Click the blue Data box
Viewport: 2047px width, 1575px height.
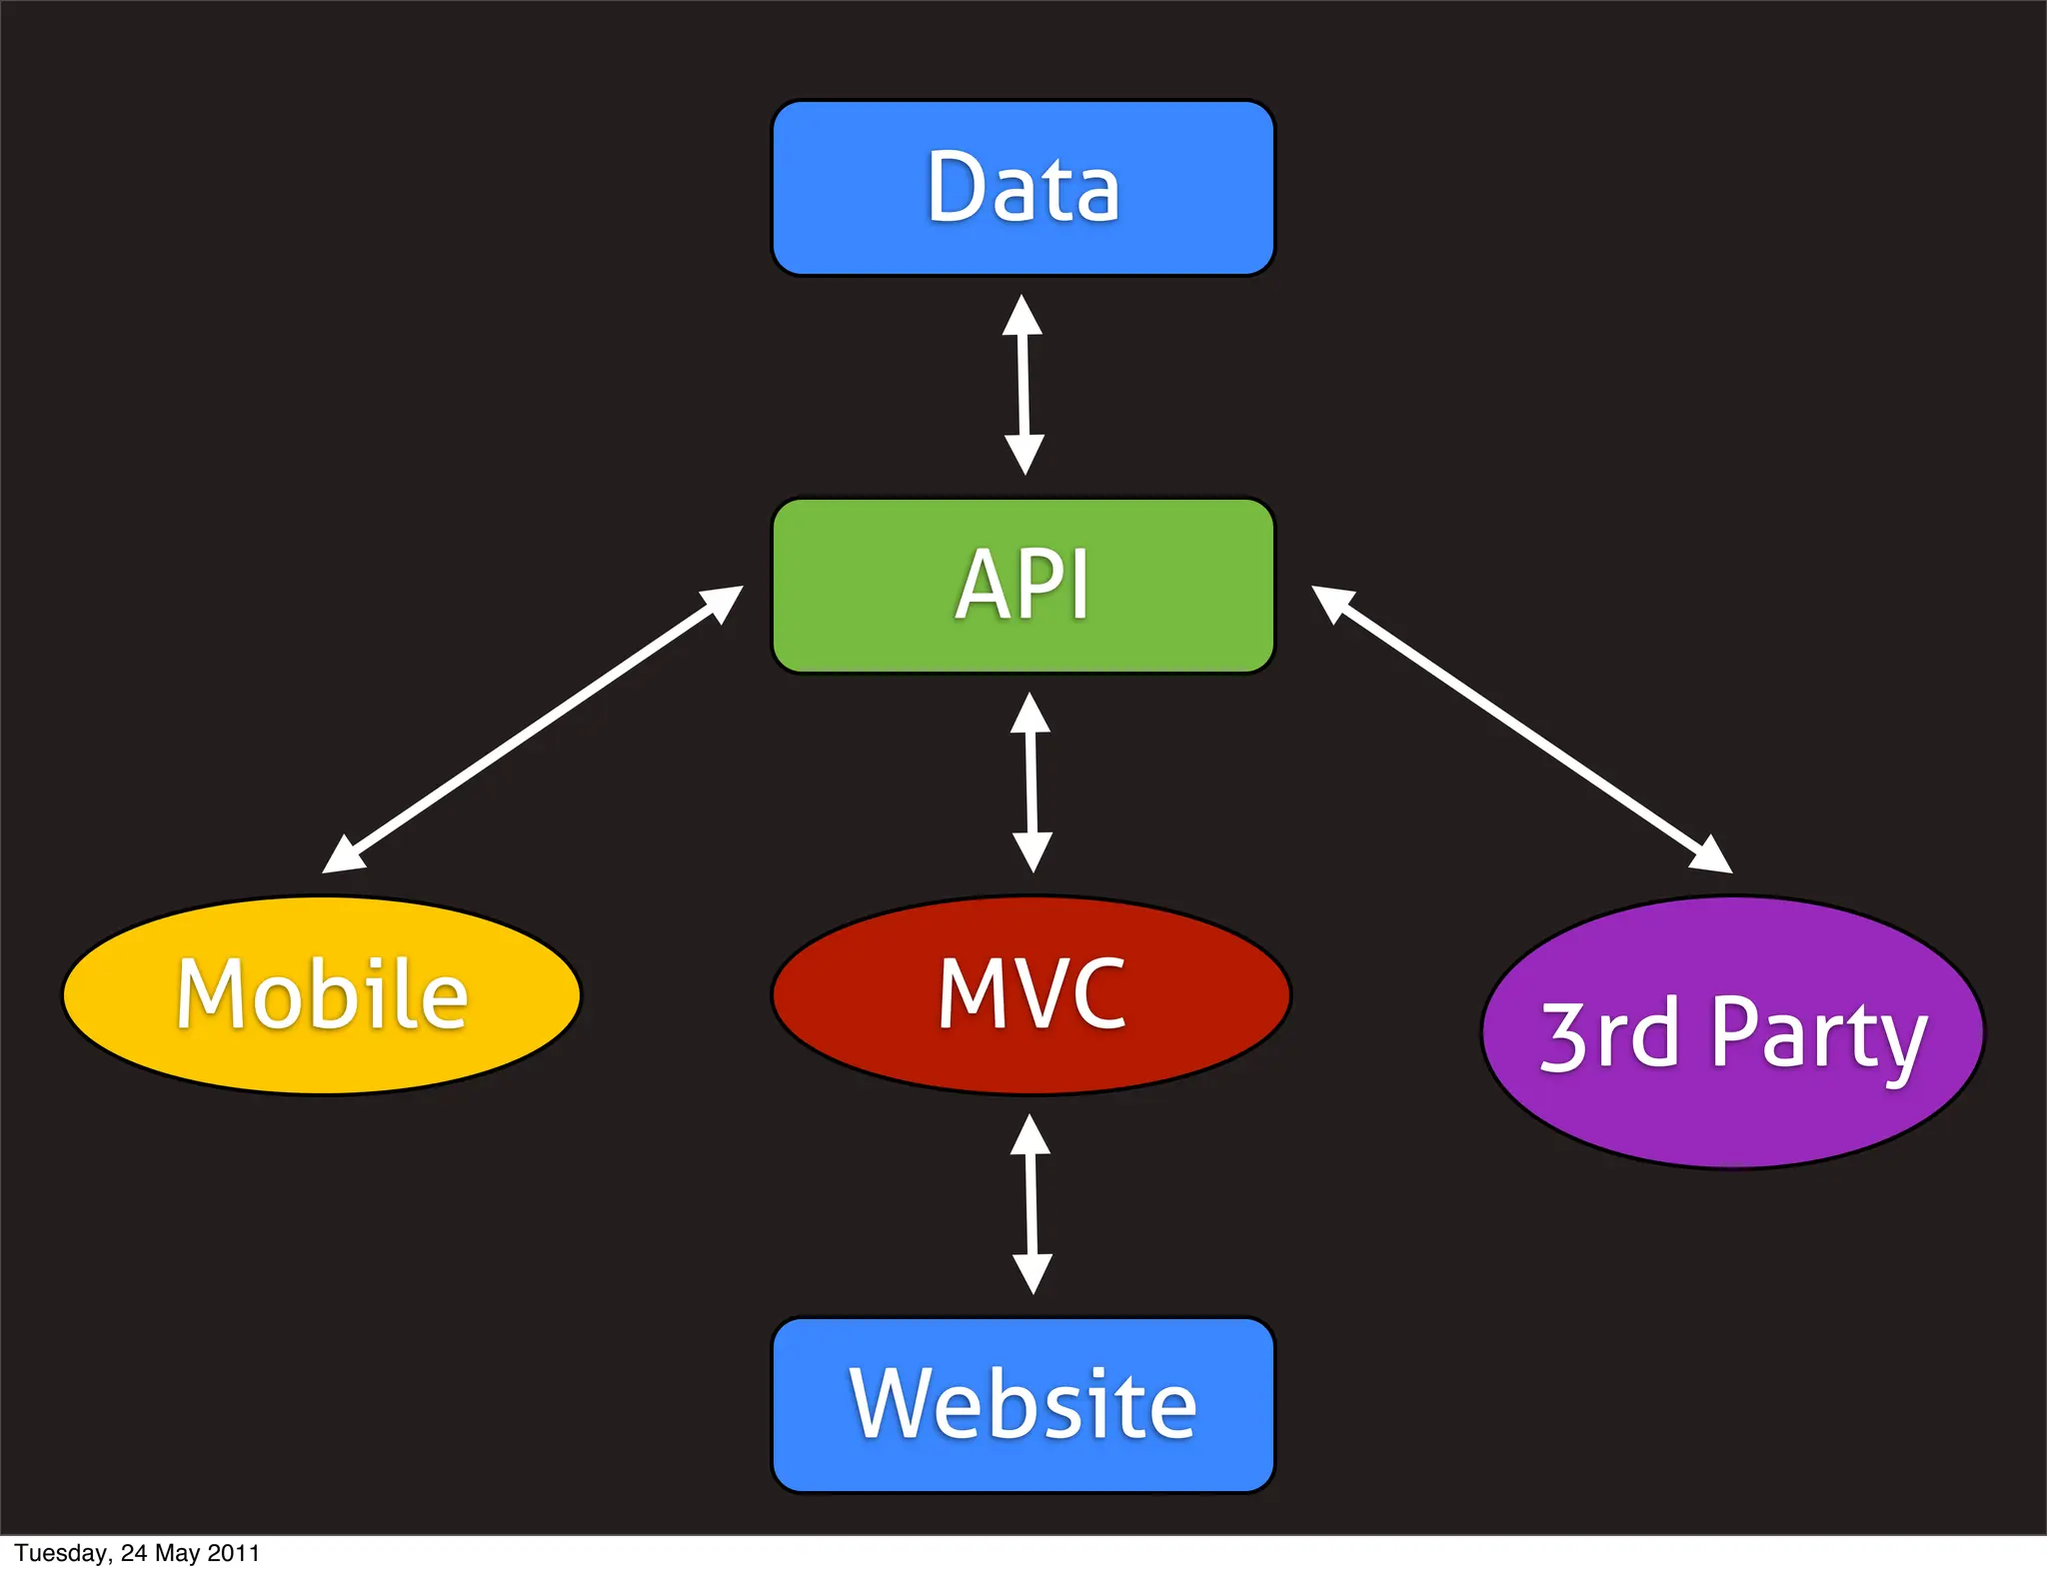point(1023,188)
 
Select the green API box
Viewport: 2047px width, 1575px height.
point(1023,586)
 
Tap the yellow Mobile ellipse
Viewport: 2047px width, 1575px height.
point(322,994)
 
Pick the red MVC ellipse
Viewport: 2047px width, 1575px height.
point(1030,994)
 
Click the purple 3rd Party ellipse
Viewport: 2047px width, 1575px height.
point(1732,1032)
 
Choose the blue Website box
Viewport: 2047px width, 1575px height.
point(1023,1404)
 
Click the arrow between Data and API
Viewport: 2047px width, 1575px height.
point(1023,385)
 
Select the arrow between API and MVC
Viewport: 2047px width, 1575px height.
point(1031,783)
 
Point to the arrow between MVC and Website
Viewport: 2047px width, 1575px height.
point(1031,1204)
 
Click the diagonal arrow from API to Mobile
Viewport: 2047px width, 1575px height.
point(533,730)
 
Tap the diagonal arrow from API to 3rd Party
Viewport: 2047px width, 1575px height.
point(1521,730)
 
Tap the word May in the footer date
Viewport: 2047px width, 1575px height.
point(177,1554)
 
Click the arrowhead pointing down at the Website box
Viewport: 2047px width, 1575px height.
point(1032,1273)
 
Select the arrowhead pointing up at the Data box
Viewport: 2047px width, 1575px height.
point(1022,315)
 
